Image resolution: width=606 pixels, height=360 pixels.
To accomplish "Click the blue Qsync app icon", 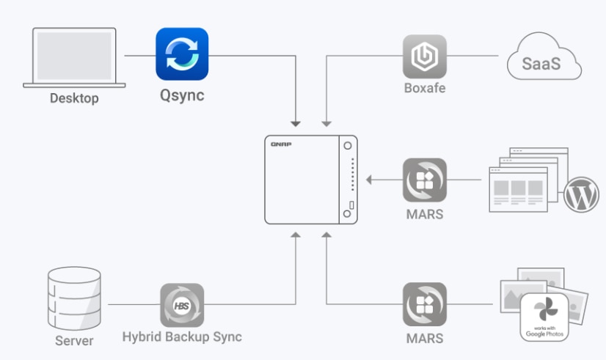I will [x=182, y=54].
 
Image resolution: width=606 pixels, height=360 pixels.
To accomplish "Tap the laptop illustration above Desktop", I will [x=70, y=58].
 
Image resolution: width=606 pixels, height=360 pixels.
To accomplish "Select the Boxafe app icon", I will [x=424, y=56].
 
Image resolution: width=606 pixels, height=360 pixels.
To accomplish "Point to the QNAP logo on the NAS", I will [x=281, y=144].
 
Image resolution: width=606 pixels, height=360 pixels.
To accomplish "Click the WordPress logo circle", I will [x=581, y=196].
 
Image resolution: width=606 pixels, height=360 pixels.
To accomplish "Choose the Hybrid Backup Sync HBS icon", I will [x=182, y=305].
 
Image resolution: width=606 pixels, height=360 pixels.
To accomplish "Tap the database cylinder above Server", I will [x=73, y=298].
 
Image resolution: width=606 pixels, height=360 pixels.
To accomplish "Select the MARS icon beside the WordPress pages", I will [x=424, y=180].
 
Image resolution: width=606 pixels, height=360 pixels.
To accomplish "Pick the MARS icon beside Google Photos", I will [x=424, y=304].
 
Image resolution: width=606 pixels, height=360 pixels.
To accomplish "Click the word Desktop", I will [x=73, y=98].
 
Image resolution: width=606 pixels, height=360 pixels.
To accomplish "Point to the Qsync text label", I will [x=182, y=95].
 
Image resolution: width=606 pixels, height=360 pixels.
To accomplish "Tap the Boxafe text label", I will [x=424, y=89].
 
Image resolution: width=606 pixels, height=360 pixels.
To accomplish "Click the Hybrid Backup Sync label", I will [x=182, y=337].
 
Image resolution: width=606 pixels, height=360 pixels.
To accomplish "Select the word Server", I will [x=74, y=341].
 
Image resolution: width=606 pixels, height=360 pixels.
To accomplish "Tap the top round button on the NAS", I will [x=346, y=146].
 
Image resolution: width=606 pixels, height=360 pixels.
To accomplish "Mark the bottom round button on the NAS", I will [x=346, y=213].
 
